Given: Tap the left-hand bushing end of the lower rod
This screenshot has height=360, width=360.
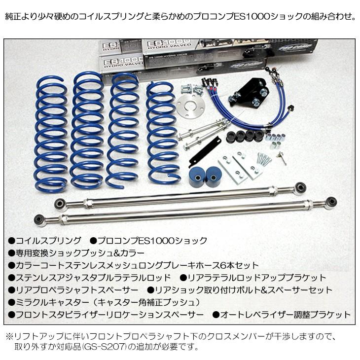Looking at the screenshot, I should point(39,219).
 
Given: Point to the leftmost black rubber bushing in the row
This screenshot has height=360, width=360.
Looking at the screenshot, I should point(230,136).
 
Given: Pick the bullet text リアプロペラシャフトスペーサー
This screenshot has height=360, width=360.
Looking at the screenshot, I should point(79,290).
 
